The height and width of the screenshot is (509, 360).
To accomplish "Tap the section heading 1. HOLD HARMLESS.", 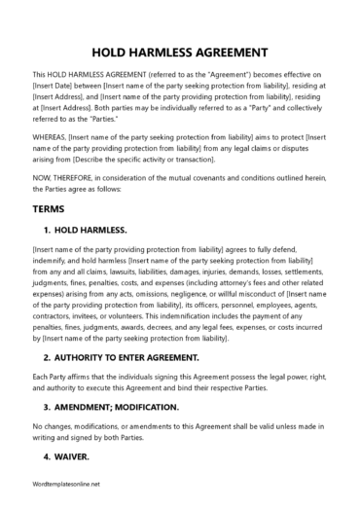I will (x=86, y=230).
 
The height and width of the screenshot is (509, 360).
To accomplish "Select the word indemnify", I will (x=55, y=263).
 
